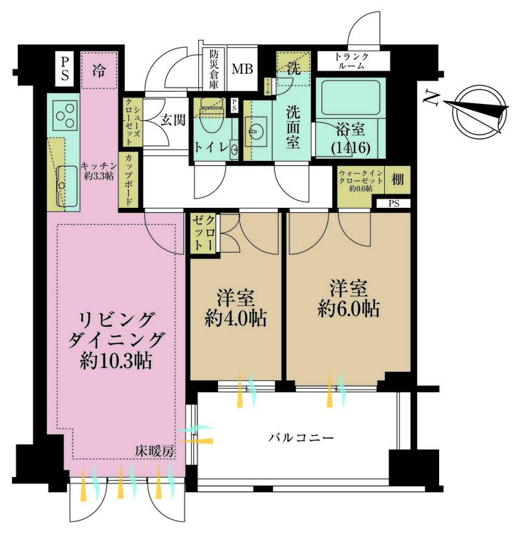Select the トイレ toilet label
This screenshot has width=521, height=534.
212,147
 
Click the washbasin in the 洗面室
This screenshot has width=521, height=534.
256,130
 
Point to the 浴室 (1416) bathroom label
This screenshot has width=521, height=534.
351,137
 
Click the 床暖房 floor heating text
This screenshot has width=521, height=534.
157,450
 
